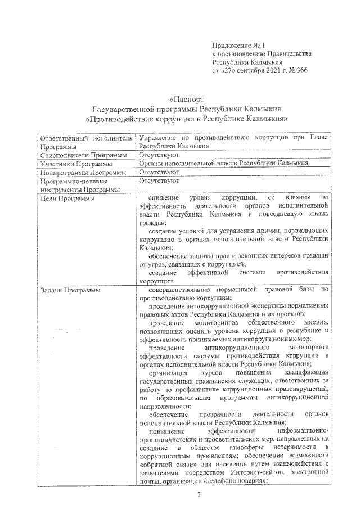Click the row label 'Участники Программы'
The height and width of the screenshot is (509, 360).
[73, 163]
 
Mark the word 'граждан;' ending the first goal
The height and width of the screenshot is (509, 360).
[151, 223]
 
